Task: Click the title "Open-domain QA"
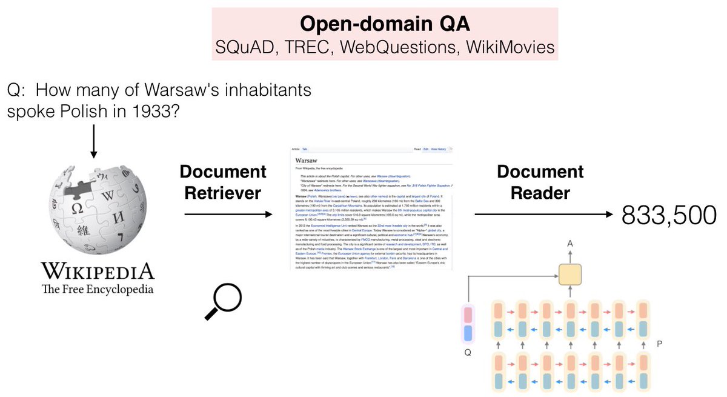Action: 385,24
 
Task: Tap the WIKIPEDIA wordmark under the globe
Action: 97,271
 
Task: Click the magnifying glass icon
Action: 222,301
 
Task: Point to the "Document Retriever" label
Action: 224,182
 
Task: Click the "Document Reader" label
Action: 540,182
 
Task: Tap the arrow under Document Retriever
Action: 227,214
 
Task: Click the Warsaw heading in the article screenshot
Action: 311,160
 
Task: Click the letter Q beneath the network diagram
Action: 466,350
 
